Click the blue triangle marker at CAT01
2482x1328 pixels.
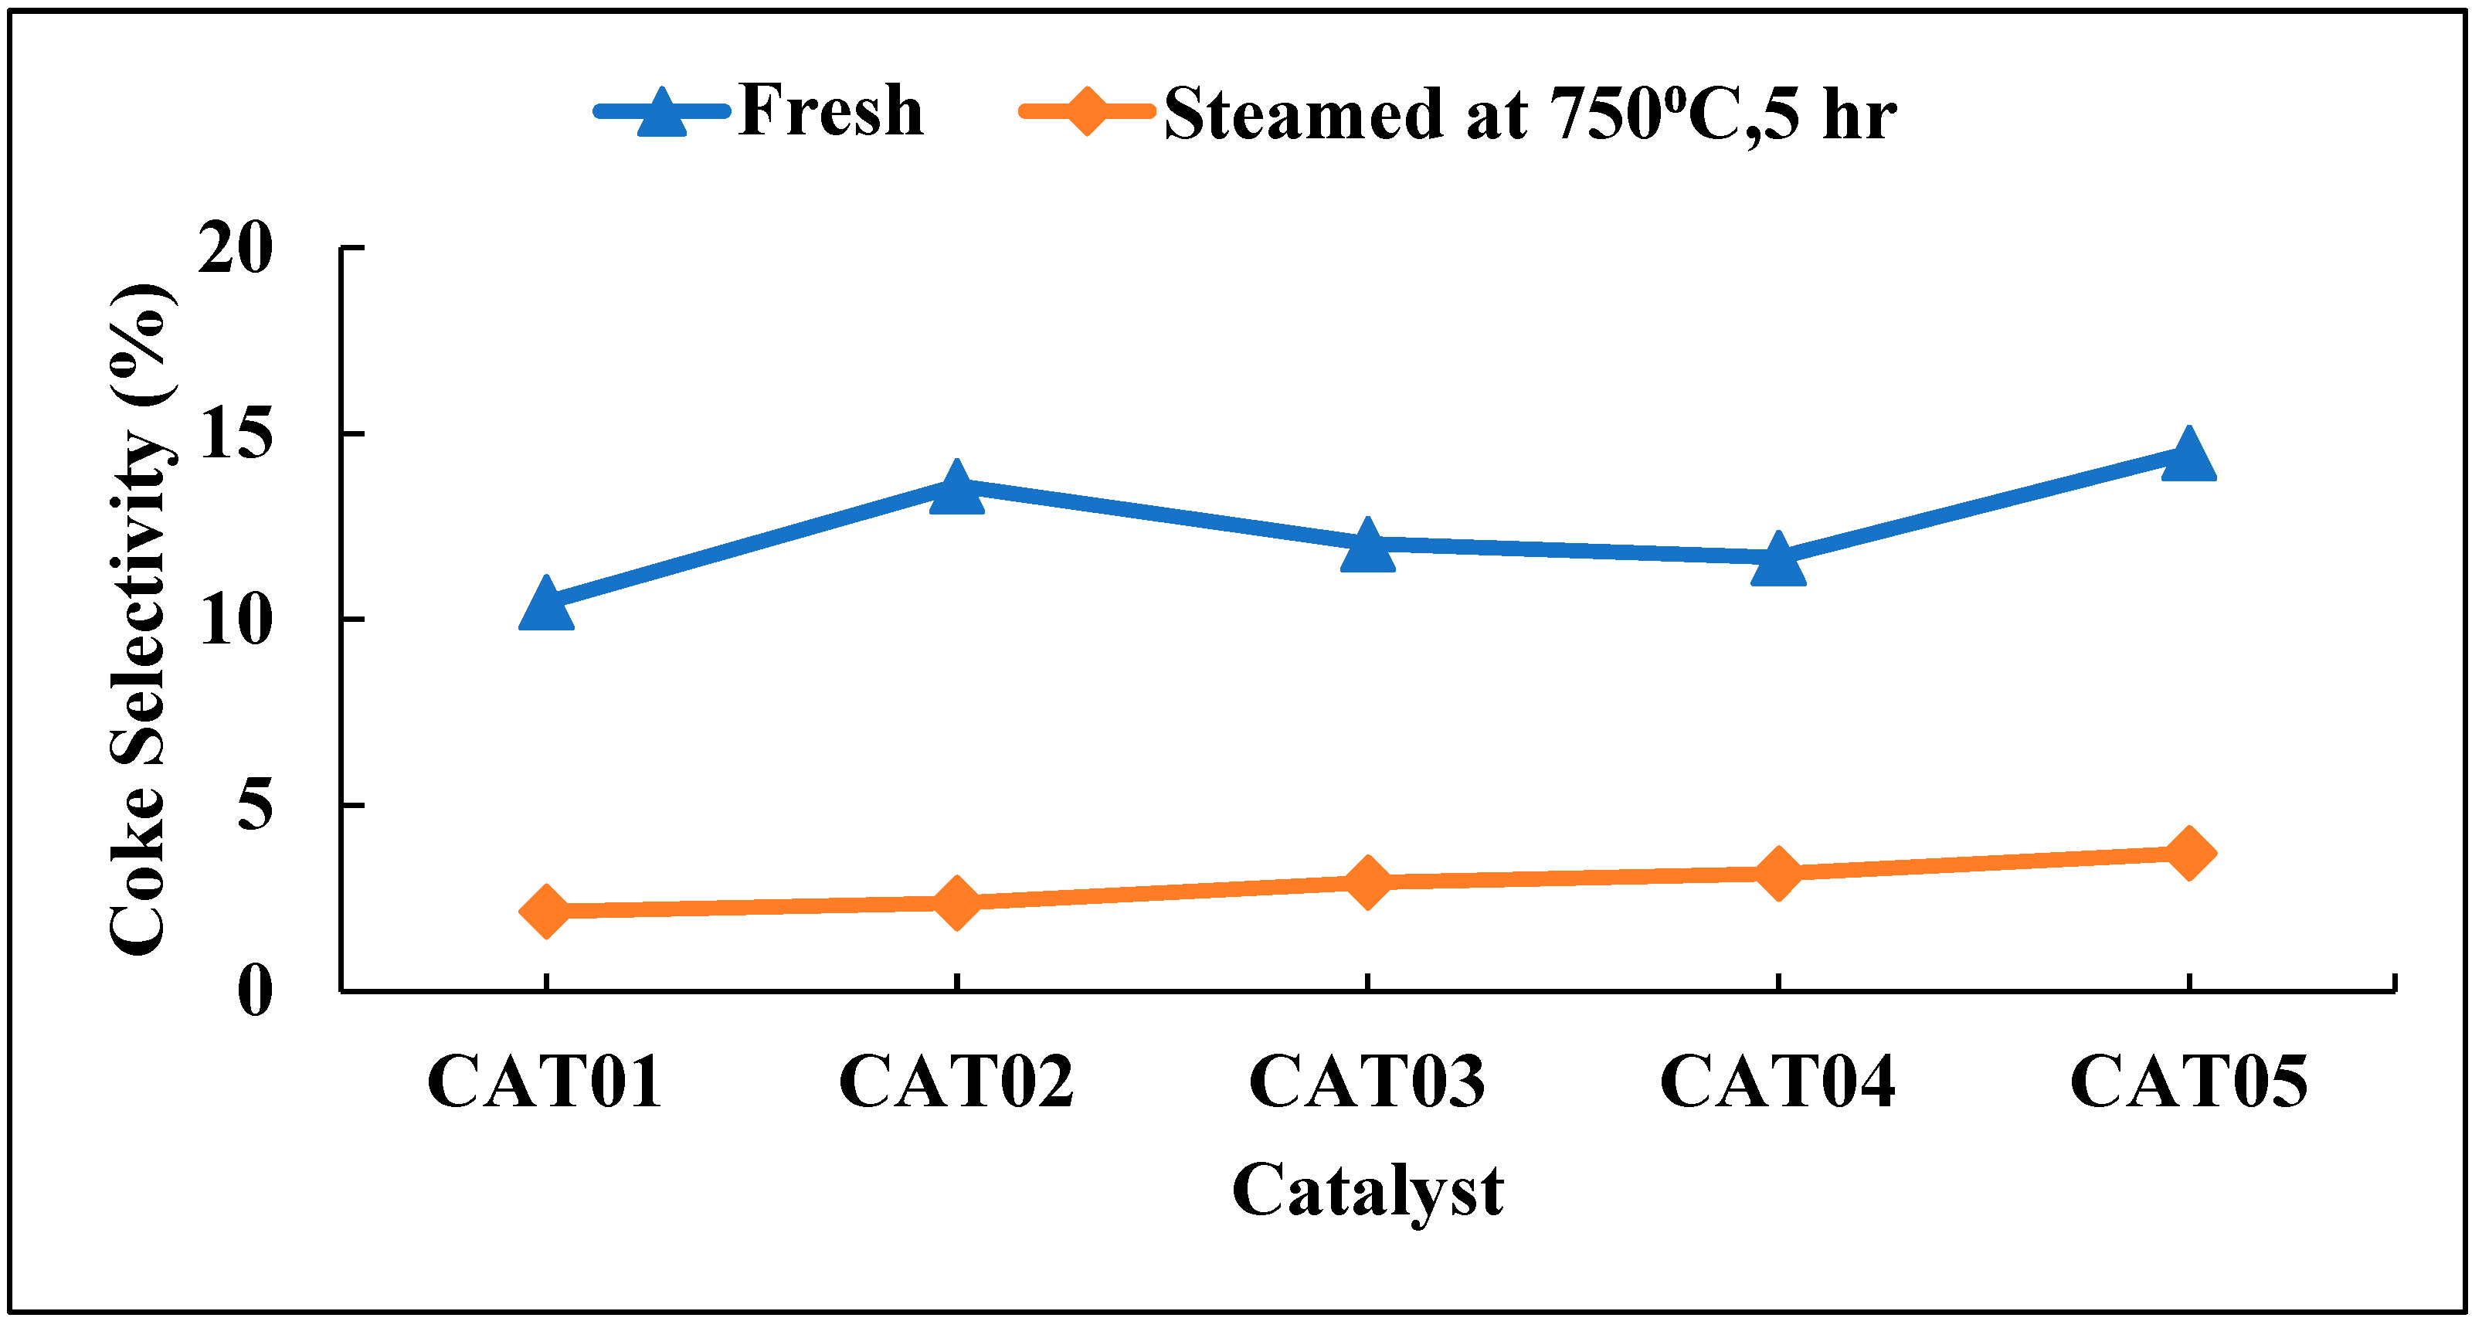tap(546, 605)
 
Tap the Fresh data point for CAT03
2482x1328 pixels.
tap(1367, 546)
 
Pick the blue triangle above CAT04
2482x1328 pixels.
tap(1777, 561)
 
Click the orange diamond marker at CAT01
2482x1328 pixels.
tap(546, 912)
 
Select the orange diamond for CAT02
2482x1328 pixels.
tap(957, 903)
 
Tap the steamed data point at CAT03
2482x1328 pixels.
tap(1367, 881)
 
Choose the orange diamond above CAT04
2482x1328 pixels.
tap(1777, 873)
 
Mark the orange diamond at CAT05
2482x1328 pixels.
tap(2189, 853)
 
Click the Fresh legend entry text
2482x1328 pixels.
tap(830, 110)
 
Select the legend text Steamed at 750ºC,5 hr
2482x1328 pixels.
tap(1530, 114)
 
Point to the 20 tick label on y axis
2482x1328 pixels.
tap(235, 250)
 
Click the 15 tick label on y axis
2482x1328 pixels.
tap(235, 435)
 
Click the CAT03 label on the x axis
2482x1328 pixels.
tap(1367, 1082)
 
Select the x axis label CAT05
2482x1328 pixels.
tap(2189, 1082)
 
